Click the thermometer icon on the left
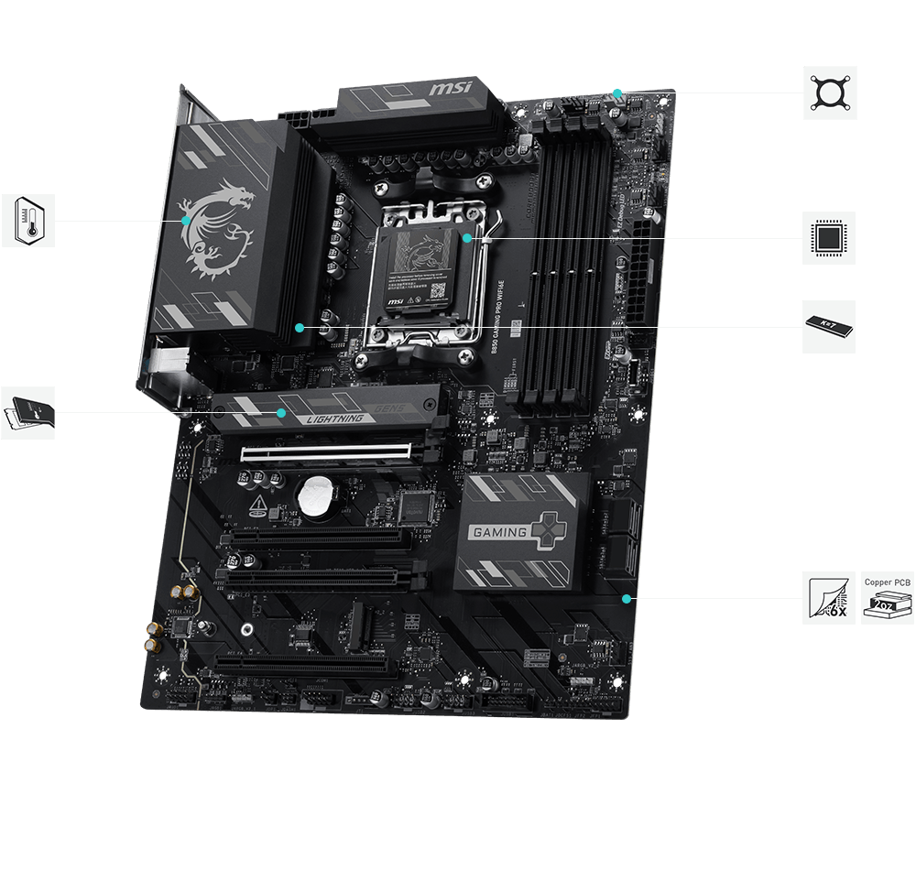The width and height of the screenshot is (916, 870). click(28, 221)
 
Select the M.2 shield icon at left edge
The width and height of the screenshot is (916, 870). click(28, 412)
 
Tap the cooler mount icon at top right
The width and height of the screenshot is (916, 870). click(830, 92)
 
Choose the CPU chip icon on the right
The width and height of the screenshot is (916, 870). click(829, 238)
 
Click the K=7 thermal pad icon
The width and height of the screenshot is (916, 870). click(829, 326)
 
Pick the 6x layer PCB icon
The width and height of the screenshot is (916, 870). click(829, 598)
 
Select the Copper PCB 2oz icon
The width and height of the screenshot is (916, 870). click(888, 598)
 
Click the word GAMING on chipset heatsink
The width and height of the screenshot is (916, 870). click(498, 531)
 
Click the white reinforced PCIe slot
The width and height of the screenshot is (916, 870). click(325, 451)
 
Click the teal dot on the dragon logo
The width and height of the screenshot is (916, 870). click(186, 221)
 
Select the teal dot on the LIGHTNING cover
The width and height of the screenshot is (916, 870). click(282, 413)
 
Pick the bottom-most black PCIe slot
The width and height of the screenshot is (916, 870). click(302, 663)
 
